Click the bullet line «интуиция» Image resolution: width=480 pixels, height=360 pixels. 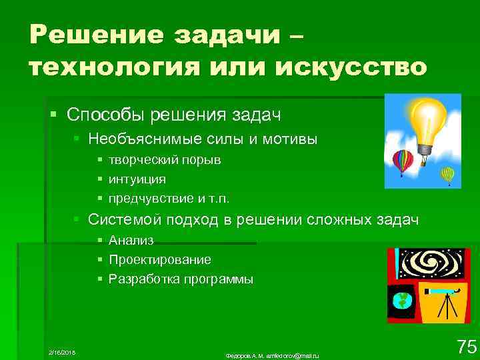click(137, 179)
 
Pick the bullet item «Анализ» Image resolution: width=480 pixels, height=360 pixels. click(131, 240)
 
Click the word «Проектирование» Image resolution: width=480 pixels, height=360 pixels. click(160, 259)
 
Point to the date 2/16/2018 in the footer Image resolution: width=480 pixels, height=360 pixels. click(62, 351)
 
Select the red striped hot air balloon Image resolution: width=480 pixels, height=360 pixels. click(402, 161)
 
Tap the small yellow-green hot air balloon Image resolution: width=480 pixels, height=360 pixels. click(447, 175)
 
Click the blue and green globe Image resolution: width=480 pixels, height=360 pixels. click(402, 300)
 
